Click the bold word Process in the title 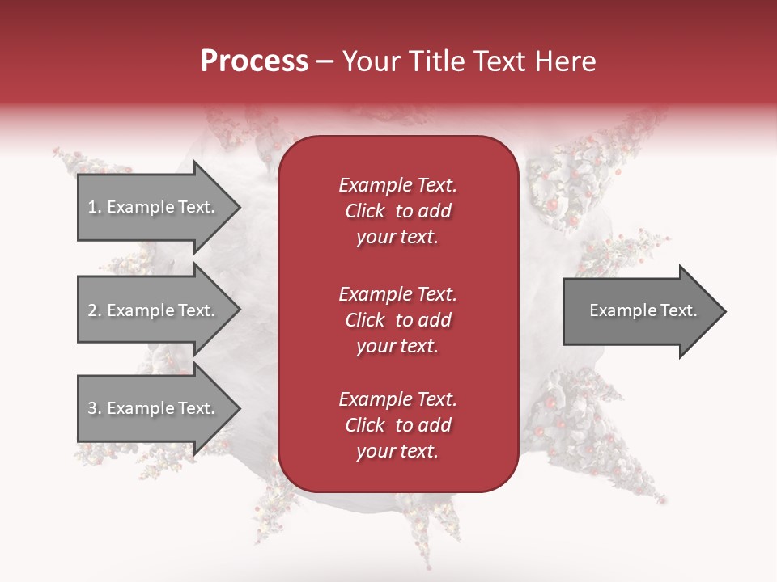[x=254, y=61]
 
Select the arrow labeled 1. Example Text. [x=154, y=208]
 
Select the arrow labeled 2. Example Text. [x=154, y=310]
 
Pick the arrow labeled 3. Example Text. [x=154, y=408]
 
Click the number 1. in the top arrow [x=95, y=208]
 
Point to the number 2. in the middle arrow [x=95, y=310]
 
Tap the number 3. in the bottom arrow [x=95, y=408]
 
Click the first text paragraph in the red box [x=397, y=211]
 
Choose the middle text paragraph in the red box [x=397, y=320]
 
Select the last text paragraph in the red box [x=397, y=425]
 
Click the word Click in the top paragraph [x=365, y=211]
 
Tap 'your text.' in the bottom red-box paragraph [x=397, y=451]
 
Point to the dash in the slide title [x=325, y=61]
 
